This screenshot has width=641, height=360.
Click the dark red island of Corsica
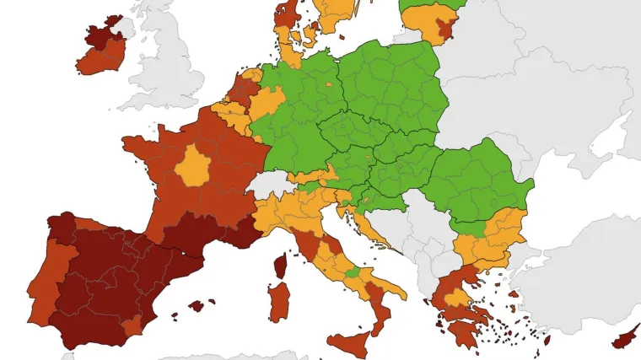click(x=280, y=268)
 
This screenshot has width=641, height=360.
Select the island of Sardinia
click(x=279, y=302)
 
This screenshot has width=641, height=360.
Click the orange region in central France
click(x=194, y=165)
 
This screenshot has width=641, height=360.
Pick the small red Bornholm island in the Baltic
click(x=342, y=35)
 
